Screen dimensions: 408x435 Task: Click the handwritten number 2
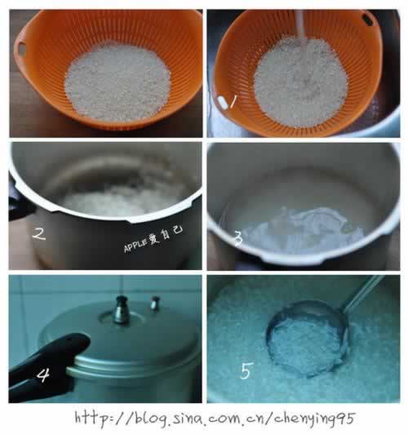(39, 233)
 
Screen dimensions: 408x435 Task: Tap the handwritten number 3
(238, 238)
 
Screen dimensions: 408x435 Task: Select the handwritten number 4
(43, 375)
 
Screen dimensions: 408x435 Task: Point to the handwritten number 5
(246, 371)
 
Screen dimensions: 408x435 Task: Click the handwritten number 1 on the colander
(233, 101)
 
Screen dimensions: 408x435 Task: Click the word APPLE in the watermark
(135, 245)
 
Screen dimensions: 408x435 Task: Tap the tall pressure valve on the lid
(122, 310)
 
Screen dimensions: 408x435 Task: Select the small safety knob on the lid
(155, 303)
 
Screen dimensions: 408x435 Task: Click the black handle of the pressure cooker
(46, 363)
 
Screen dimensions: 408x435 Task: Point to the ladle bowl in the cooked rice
(308, 339)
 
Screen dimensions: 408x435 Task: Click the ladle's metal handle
(363, 293)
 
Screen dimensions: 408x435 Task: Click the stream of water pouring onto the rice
(299, 25)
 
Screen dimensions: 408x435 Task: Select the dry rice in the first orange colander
(118, 82)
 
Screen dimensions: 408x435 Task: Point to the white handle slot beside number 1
(223, 101)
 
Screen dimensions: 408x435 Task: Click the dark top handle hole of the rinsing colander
(367, 19)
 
